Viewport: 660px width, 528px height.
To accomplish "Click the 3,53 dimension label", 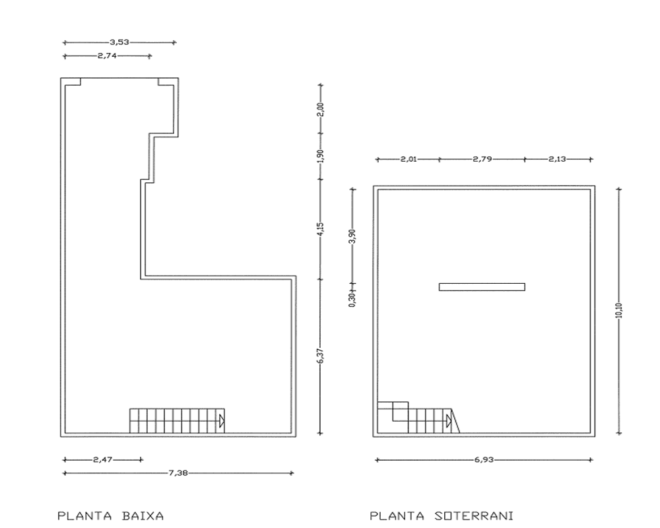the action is [x=119, y=42].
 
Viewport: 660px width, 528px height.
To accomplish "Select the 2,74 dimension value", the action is [x=107, y=55].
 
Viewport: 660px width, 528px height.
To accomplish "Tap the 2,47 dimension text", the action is [x=103, y=459].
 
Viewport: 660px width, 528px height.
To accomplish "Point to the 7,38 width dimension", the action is [x=178, y=473].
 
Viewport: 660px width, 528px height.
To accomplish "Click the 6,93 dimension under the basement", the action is [x=484, y=460].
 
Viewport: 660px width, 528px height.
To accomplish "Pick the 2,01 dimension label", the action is [x=409, y=159].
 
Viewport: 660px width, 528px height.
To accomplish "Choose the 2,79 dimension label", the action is [x=482, y=159].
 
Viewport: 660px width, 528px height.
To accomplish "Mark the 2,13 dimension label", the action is [x=557, y=159].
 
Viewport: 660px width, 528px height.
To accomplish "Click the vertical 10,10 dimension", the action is [x=618, y=310].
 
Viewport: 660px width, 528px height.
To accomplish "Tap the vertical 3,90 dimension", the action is [x=352, y=236].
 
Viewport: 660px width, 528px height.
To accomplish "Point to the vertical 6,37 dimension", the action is [x=321, y=356].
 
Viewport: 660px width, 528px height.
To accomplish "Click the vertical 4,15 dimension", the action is [x=321, y=229].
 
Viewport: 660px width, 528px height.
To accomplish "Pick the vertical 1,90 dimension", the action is [x=321, y=156].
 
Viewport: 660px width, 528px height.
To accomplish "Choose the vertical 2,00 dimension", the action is [x=321, y=110].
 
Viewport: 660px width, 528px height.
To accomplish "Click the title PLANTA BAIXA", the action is [x=110, y=515].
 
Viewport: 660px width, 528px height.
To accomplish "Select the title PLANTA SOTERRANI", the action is [x=442, y=515].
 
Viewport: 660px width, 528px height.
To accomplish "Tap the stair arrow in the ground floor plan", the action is [x=222, y=421].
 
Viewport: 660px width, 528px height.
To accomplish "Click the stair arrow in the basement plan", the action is [x=449, y=421].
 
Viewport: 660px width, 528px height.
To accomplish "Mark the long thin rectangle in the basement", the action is [x=482, y=287].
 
